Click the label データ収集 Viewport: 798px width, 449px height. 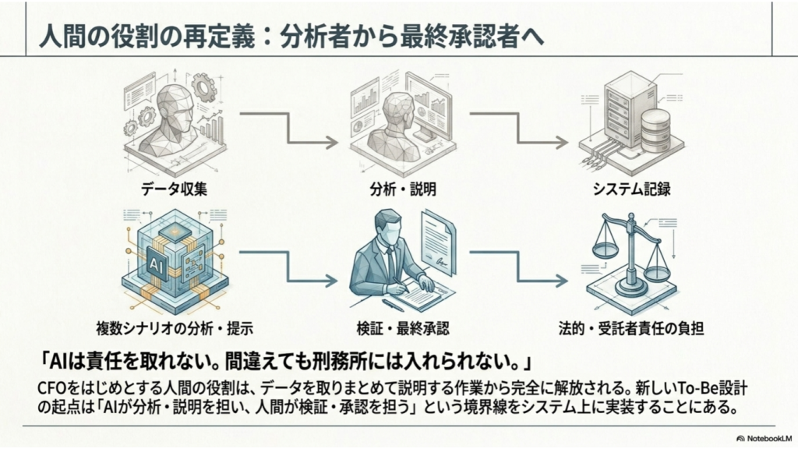(x=174, y=189)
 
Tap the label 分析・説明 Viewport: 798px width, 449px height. (x=403, y=189)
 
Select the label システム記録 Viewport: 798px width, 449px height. (x=631, y=189)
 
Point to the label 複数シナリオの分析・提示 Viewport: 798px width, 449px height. (x=175, y=328)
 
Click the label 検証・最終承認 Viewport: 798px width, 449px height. (x=403, y=328)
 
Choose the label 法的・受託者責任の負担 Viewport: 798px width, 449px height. (x=631, y=328)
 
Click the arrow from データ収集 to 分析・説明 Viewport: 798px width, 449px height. (x=288, y=129)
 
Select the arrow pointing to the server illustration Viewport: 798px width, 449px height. (x=518, y=129)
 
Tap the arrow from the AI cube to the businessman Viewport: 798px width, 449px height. (x=288, y=267)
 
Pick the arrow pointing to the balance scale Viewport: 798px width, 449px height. (x=518, y=267)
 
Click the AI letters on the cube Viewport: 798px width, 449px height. (x=155, y=264)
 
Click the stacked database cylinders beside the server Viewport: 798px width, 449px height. (x=655, y=130)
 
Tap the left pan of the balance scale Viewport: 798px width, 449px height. (x=605, y=249)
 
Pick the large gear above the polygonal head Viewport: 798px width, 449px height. (x=205, y=87)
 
